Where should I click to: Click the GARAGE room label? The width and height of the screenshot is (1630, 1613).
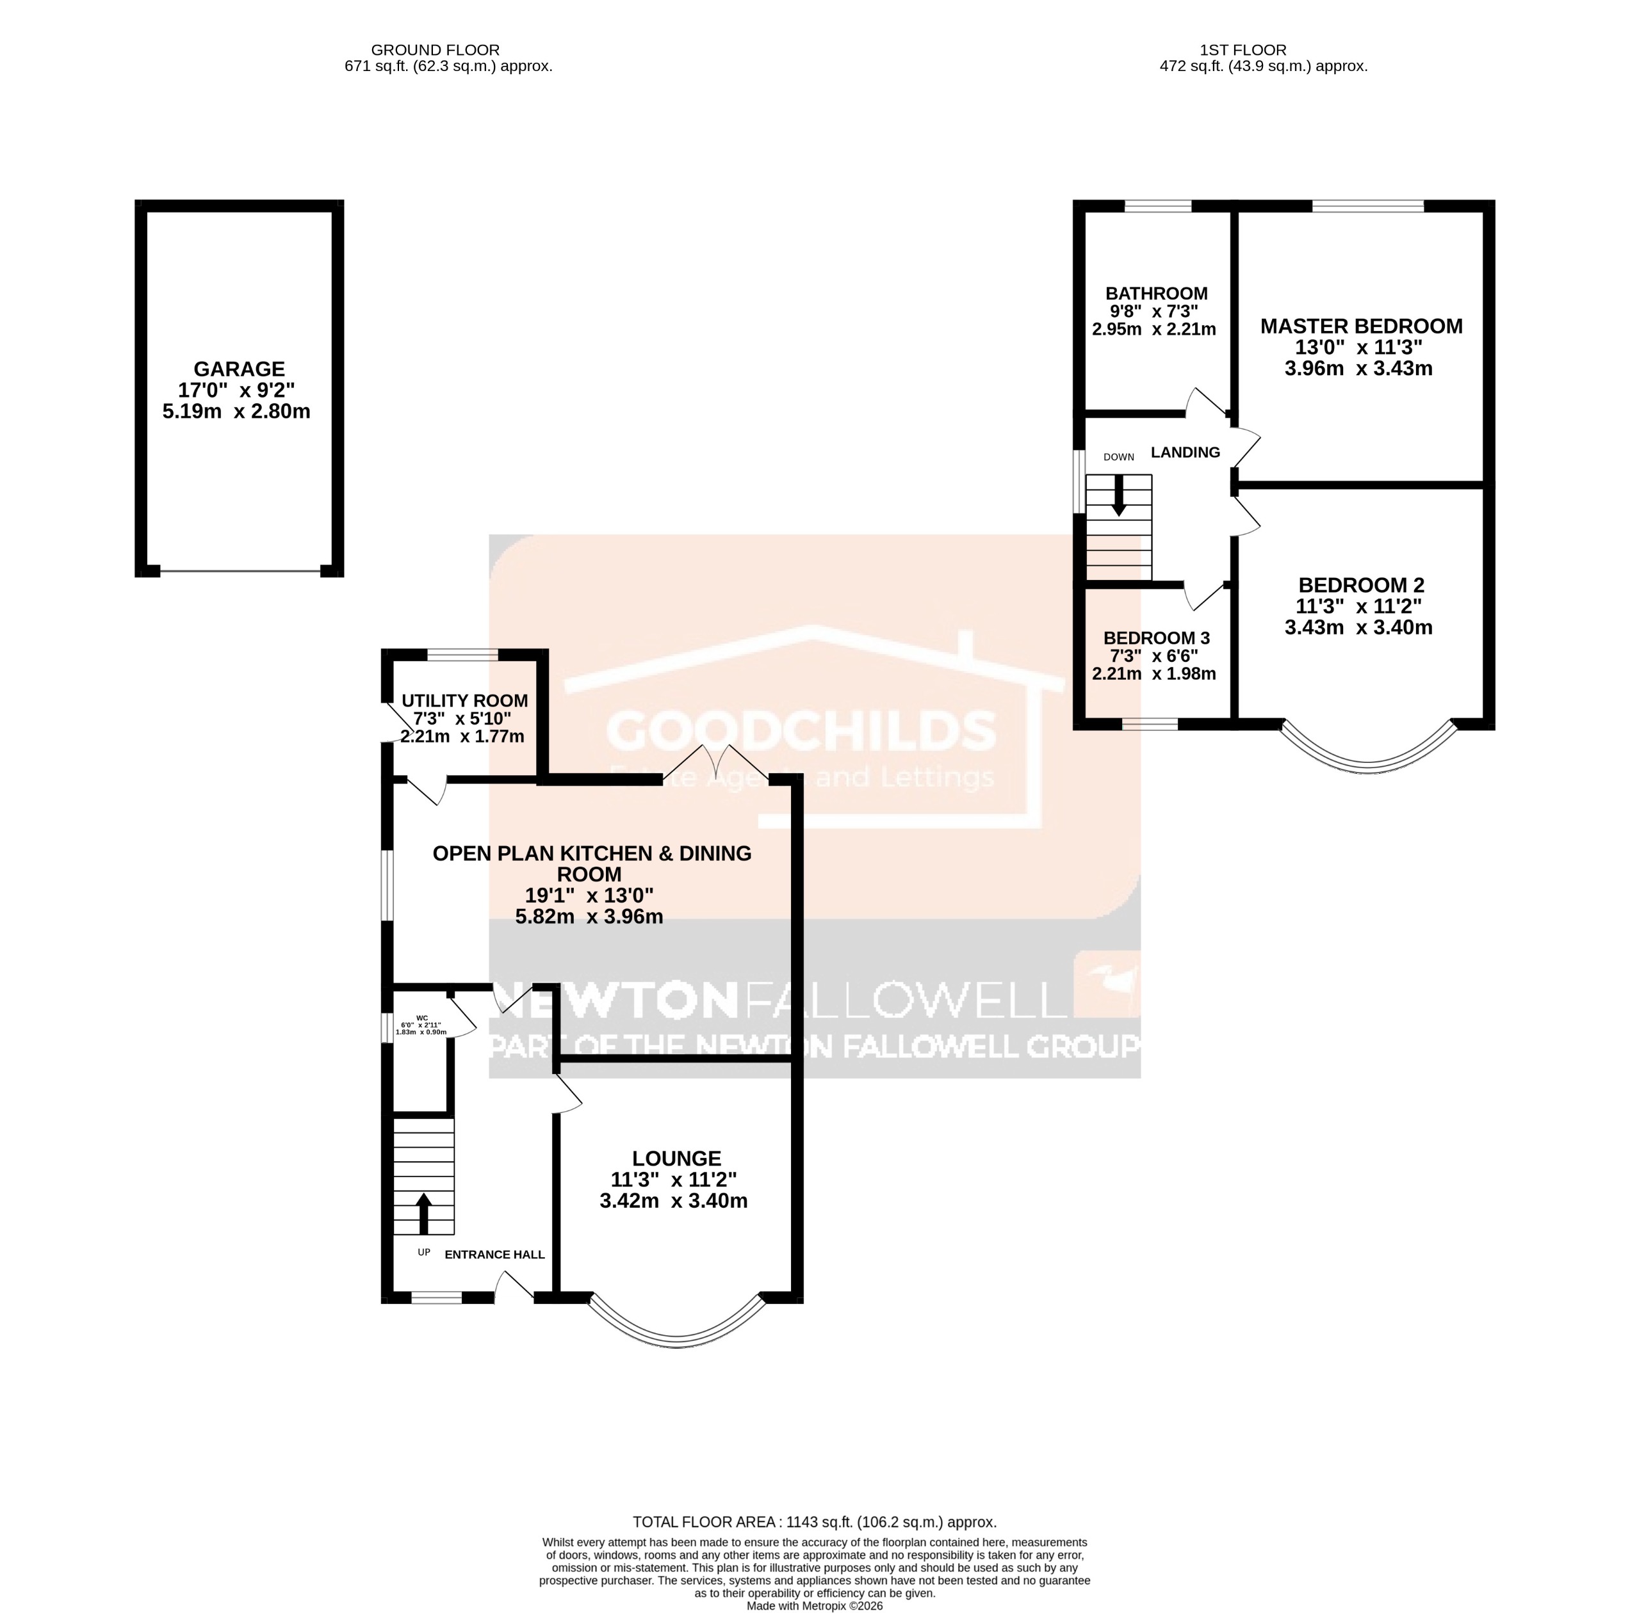[240, 369]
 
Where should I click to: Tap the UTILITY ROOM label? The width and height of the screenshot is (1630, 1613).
[465, 701]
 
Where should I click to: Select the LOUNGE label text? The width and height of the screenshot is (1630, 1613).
[676, 1159]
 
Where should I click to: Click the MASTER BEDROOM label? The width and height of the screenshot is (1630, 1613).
[1361, 326]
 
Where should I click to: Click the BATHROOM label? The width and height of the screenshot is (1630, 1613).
[1156, 293]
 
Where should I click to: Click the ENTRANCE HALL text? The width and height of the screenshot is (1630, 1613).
[494, 1255]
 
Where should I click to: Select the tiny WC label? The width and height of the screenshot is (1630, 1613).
[422, 1018]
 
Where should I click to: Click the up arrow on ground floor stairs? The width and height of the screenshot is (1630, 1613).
[423, 1212]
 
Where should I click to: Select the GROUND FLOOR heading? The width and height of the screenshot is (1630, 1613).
[436, 51]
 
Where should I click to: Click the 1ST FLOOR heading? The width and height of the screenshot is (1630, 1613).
[1244, 51]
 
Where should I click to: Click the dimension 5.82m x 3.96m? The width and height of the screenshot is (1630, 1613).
[589, 917]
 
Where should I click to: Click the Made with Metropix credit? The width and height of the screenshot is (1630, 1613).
[814, 1606]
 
